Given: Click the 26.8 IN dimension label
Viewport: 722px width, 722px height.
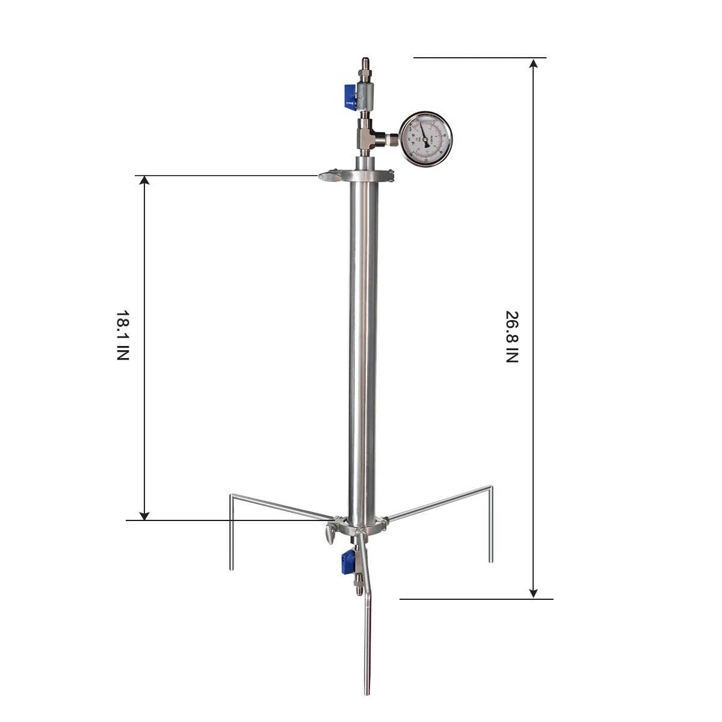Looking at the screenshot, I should [x=511, y=337].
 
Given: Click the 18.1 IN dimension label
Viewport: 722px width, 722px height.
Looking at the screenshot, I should [x=123, y=335].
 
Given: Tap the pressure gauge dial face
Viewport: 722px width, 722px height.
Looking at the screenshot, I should [x=426, y=139].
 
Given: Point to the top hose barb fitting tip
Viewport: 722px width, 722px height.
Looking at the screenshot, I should [x=365, y=62].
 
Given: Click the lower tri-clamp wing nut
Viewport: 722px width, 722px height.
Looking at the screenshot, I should [x=329, y=534].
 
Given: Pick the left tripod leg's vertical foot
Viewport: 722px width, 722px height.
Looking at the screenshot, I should [x=232, y=535].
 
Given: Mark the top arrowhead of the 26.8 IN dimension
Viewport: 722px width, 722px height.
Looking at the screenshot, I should [x=533, y=63].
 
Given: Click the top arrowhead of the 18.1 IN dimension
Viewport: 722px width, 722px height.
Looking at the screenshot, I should [x=144, y=181].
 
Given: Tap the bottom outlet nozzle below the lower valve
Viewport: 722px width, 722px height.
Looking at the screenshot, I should [x=359, y=587].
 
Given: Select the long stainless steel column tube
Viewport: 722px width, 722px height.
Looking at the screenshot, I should [x=363, y=349].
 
